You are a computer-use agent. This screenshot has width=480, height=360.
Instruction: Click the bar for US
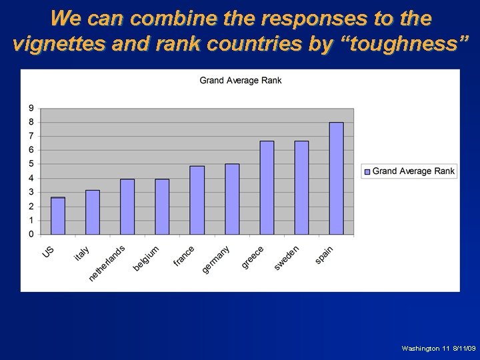point(58,216)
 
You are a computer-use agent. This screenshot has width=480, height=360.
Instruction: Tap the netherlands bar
point(127,207)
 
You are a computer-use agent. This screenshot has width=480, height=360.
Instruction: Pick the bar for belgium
point(162,207)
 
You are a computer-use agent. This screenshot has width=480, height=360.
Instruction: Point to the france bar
point(197,200)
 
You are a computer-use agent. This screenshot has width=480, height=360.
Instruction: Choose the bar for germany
point(232,199)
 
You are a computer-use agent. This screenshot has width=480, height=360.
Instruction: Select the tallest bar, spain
point(336,178)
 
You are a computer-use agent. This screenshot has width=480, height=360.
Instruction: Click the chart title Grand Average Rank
point(241,81)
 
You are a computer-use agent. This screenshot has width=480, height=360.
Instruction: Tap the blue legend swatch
point(367,171)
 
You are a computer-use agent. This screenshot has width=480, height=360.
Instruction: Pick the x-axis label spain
point(324,254)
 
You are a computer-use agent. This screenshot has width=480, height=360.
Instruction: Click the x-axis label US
point(49,252)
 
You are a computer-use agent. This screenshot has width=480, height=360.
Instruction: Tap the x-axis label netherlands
point(107,263)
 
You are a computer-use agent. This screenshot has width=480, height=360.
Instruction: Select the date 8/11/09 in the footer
point(463,349)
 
